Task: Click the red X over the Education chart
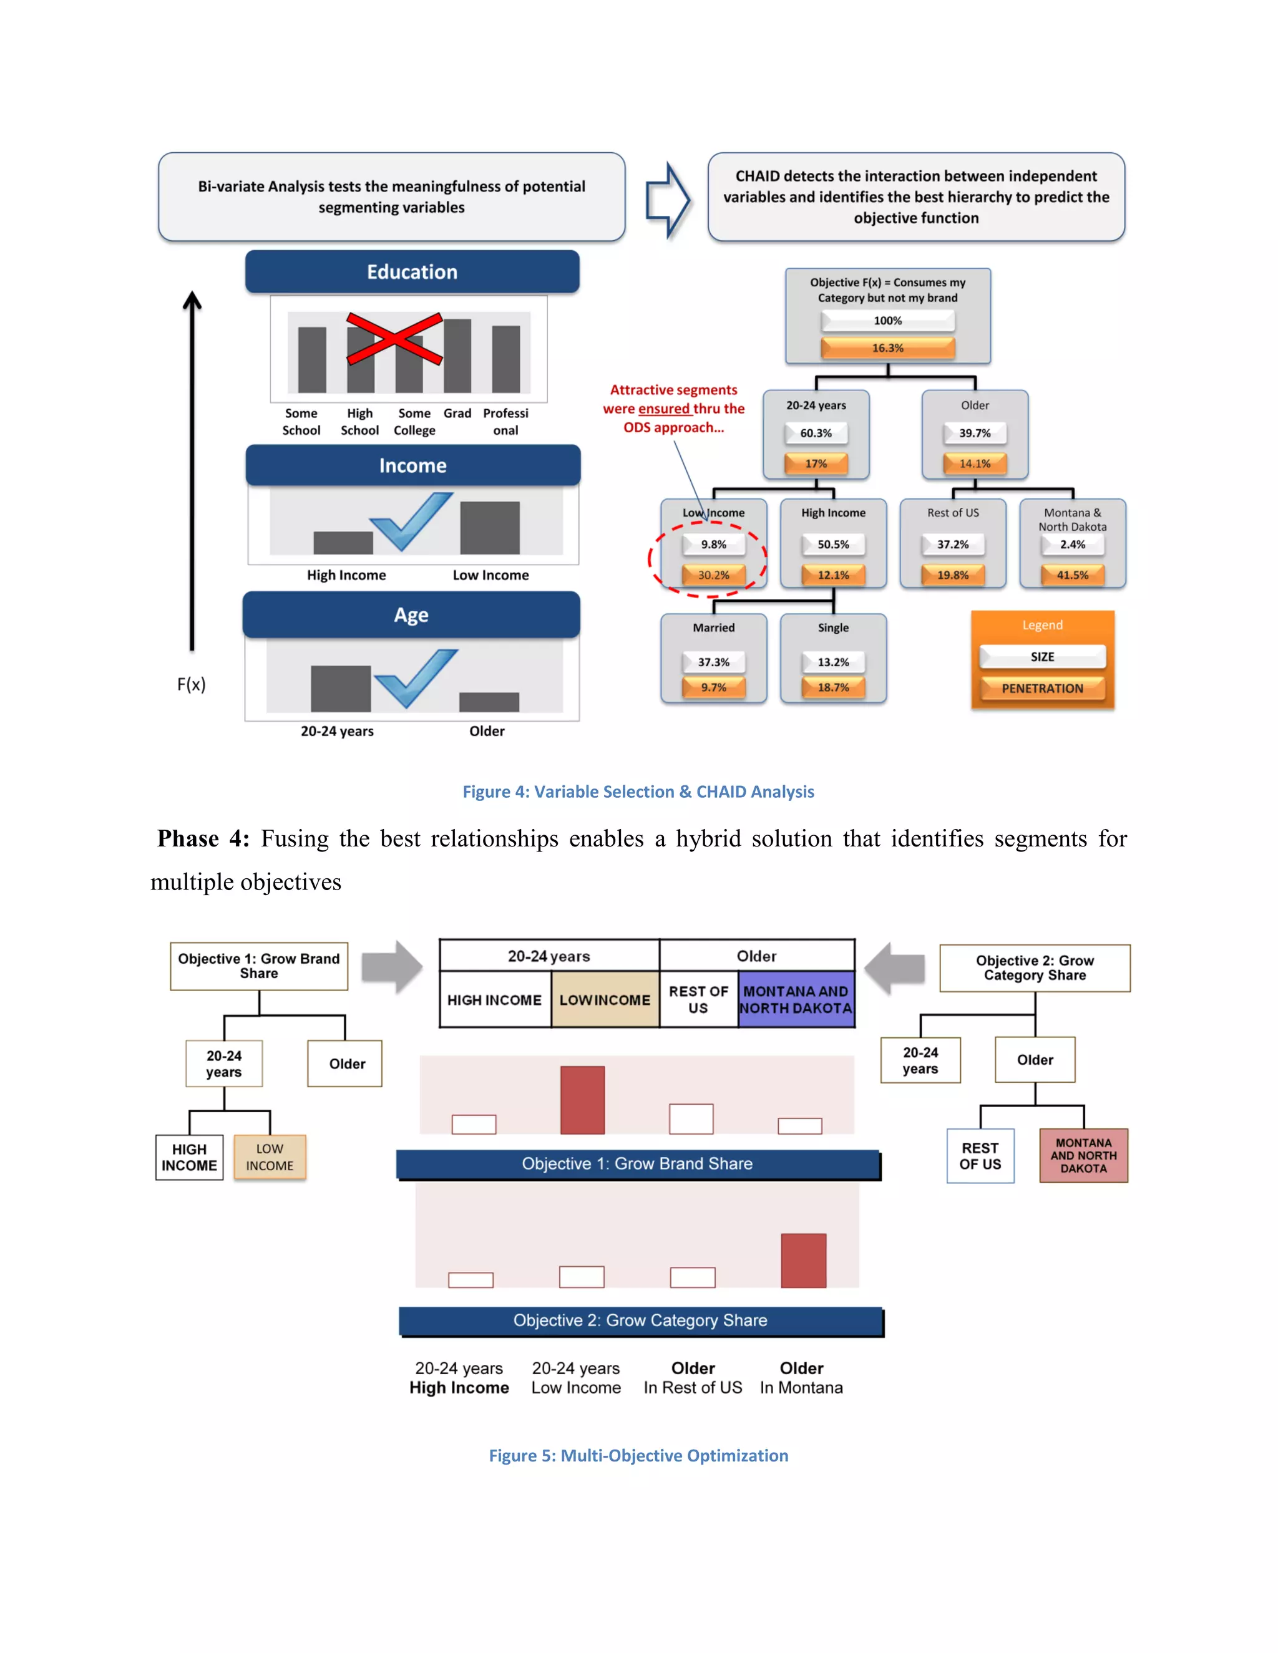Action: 394,337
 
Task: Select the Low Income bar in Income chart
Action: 490,528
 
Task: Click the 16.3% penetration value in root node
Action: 887,348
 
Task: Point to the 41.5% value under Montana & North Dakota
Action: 1072,575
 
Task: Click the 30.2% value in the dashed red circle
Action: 713,575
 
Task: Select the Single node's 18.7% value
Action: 833,687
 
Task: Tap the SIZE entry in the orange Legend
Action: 1041,657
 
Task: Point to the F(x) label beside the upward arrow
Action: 191,685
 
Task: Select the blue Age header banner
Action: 411,614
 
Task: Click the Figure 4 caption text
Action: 638,792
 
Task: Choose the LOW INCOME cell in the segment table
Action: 604,1000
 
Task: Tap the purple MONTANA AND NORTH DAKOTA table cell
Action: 796,1000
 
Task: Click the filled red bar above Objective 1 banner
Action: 582,1100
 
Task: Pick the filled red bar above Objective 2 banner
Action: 803,1260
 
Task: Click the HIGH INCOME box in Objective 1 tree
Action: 189,1157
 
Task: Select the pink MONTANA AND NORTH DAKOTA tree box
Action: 1083,1156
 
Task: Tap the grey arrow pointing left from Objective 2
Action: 895,968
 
